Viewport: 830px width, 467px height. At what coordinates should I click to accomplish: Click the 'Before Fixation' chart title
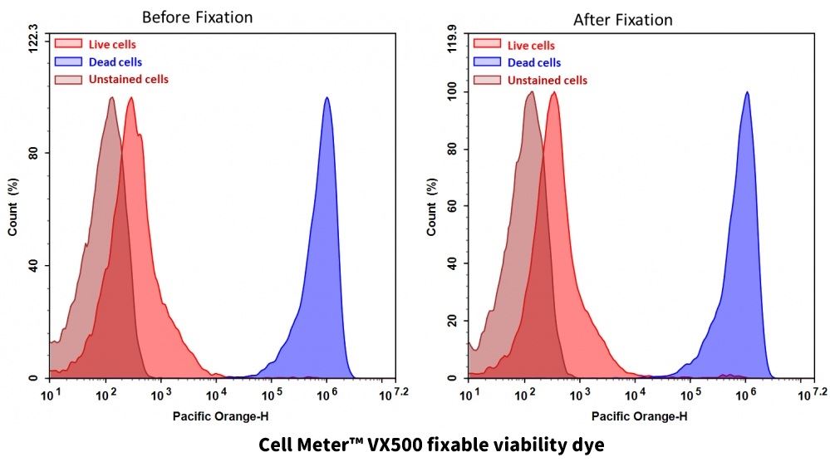point(197,17)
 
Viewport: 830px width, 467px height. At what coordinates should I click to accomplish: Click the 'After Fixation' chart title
point(622,20)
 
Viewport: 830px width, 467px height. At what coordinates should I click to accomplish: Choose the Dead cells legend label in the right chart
point(534,62)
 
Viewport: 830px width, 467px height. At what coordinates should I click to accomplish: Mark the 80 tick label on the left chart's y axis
point(33,153)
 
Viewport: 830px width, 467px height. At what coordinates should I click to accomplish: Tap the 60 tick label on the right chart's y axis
point(453,207)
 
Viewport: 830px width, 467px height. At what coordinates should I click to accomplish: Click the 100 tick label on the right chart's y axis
point(450,94)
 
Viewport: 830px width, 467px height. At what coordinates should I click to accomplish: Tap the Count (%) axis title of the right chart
point(432,208)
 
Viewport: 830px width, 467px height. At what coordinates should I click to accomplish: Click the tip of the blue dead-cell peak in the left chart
point(327,98)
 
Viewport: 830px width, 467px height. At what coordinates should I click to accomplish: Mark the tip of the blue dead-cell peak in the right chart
point(747,92)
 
